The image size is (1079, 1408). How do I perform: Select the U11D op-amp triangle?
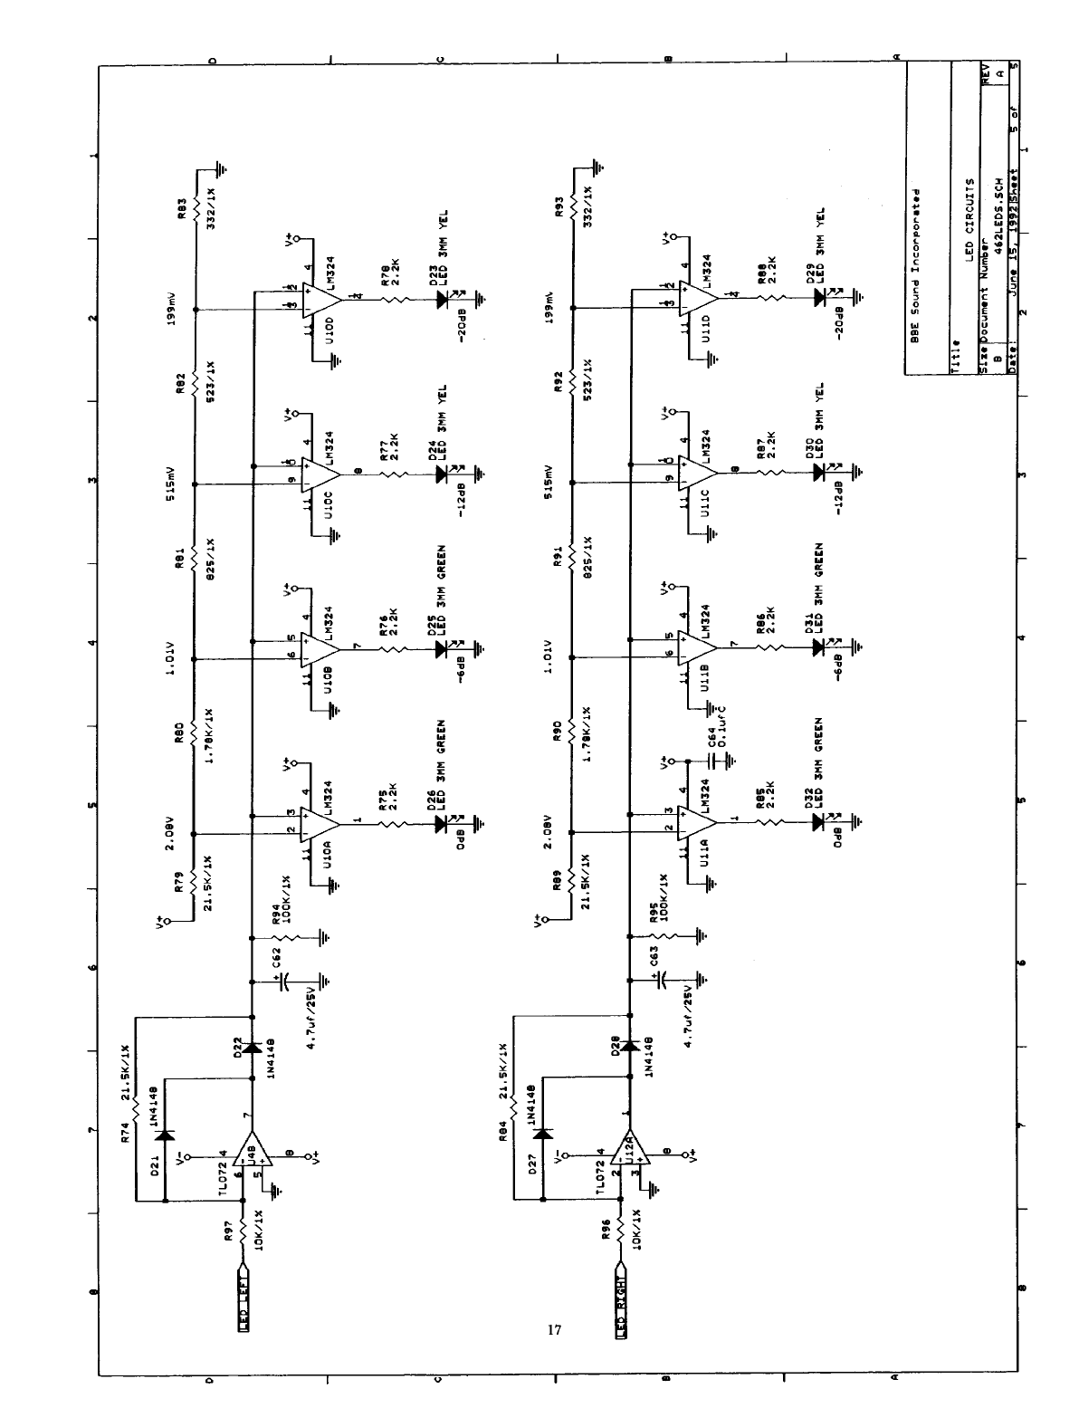698,295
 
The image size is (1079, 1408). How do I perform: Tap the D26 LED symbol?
442,823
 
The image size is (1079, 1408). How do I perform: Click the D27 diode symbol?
542,1134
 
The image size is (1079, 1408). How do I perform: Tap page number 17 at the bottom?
555,1330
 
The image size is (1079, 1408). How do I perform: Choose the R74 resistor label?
125,1132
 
